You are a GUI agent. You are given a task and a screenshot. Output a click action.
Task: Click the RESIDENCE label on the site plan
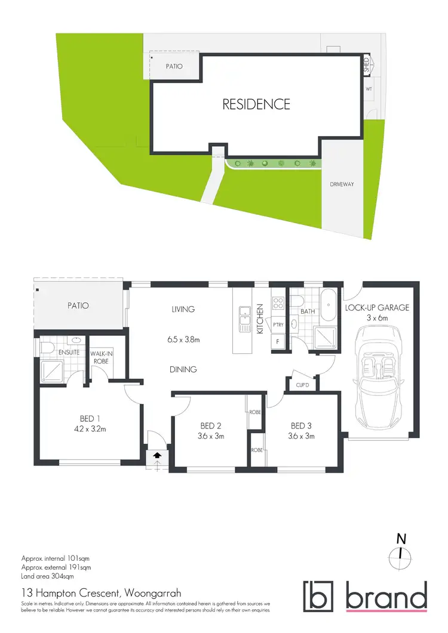click(256, 104)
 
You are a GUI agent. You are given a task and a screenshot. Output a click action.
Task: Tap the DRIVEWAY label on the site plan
click(342, 184)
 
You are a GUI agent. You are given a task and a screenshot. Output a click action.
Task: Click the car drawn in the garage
click(377, 376)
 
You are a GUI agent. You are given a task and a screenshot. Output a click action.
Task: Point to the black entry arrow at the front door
click(157, 455)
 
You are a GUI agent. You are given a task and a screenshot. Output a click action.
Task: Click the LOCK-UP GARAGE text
click(377, 308)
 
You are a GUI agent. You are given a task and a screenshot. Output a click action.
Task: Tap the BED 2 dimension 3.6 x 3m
click(211, 436)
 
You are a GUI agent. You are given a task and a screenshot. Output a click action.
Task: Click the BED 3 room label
click(302, 426)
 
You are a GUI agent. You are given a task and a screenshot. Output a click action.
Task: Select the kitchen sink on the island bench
click(245, 318)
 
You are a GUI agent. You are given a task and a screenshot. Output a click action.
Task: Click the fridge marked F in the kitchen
click(277, 342)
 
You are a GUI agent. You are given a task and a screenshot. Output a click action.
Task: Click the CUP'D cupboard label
click(302, 385)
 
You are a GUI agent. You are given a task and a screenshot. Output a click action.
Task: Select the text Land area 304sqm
click(47, 577)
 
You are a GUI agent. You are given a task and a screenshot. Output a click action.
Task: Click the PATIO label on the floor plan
click(78, 305)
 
